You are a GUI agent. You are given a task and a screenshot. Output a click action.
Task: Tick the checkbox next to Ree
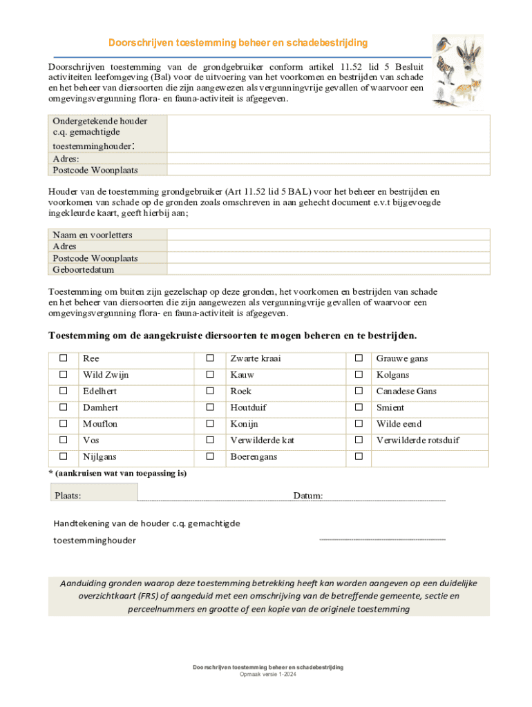pos(64,358)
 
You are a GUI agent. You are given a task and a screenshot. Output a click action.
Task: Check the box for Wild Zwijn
pos(64,375)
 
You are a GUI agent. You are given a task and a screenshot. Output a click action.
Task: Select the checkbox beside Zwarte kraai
pos(211,358)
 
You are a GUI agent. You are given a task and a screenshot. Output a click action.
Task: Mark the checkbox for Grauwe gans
pos(359,358)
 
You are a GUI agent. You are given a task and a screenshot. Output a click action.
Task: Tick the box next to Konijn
pos(211,424)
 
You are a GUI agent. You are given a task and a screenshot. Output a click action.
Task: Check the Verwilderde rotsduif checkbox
pos(359,440)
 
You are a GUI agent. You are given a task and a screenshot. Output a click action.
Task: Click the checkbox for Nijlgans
pos(64,456)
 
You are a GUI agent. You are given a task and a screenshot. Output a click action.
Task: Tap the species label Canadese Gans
pos(406,391)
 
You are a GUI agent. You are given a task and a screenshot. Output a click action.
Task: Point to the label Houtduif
pos(249,407)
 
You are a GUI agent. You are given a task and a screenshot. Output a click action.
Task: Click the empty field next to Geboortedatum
pos(328,269)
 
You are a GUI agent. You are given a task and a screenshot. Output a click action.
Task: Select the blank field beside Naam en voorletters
pos(328,235)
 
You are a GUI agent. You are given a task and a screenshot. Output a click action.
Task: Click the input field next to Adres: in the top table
pos(328,158)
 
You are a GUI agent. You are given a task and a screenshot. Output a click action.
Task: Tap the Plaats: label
pos(68,496)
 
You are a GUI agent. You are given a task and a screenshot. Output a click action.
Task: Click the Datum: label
pos(307,496)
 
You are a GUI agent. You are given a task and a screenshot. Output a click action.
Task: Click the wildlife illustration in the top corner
pos(457,70)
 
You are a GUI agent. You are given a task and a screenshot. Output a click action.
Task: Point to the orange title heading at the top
pos(238,43)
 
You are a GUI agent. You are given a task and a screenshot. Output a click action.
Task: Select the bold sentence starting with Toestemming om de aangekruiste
pos(232,336)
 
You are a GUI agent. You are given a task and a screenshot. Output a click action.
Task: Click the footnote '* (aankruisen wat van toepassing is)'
pos(117,474)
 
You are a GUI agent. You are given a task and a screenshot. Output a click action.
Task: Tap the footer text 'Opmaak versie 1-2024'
pos(268,675)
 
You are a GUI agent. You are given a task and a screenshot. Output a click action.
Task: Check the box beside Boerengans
pos(211,456)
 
